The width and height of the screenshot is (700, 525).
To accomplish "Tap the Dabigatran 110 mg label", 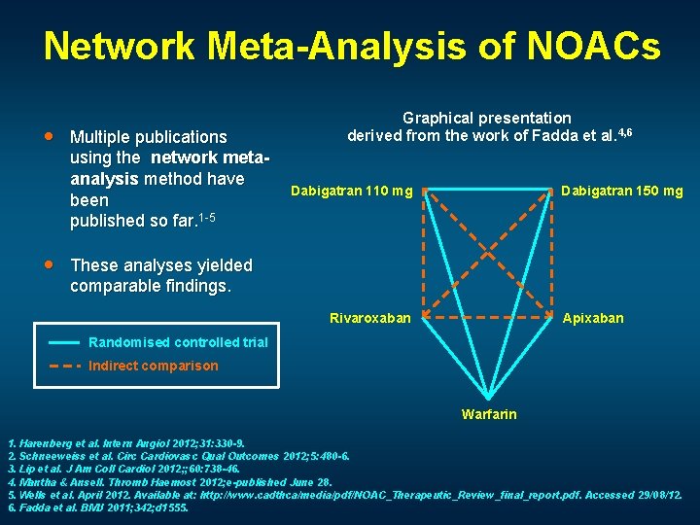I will [351, 191].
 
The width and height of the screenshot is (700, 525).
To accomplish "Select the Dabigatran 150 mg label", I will [622, 191].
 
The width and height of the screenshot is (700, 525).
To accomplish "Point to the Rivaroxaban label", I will [370, 318].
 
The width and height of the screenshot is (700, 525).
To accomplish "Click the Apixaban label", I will [593, 318].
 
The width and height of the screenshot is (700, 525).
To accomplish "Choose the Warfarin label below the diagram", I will [489, 414].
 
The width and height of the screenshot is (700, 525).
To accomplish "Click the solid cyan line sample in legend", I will [64, 342].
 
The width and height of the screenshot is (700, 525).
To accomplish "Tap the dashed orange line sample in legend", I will [64, 367].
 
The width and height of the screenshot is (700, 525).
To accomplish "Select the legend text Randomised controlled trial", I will [178, 342].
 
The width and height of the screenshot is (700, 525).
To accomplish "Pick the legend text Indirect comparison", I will [153, 367].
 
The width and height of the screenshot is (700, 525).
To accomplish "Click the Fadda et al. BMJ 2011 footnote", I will [97, 507].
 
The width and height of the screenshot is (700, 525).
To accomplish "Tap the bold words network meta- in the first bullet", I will [207, 157].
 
